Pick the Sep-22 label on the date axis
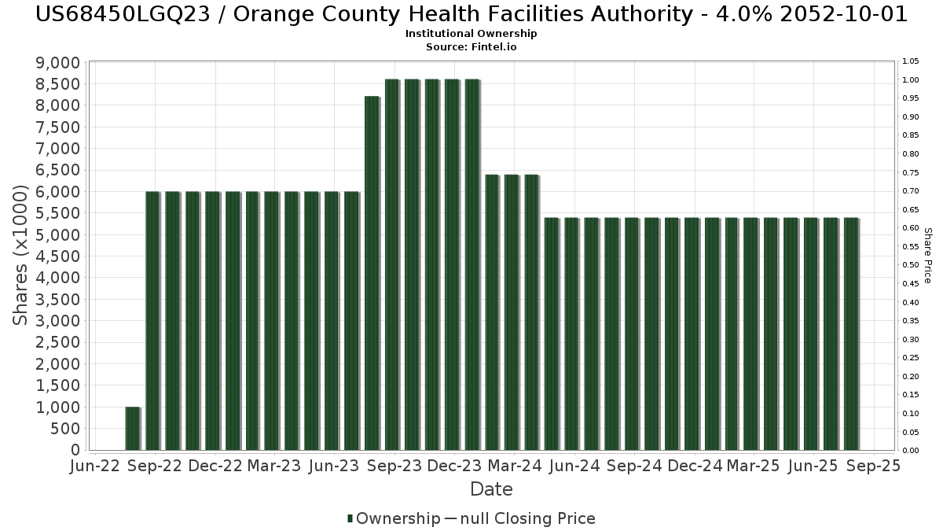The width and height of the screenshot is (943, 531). click(155, 466)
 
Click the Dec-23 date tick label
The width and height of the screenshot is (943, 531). click(453, 466)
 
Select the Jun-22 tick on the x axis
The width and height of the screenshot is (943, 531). click(94, 466)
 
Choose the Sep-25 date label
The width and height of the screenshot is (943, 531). click(873, 466)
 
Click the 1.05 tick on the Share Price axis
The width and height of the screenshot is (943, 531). click(911, 61)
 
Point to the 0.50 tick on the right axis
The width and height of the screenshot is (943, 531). click(911, 265)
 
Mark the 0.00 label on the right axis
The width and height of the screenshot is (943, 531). click(911, 450)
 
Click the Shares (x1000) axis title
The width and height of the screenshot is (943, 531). click(22, 256)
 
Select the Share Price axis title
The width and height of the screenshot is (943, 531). click(928, 256)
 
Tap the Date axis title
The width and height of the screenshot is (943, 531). click(491, 489)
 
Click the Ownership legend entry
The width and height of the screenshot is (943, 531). click(394, 518)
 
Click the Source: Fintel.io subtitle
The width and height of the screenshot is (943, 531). click(472, 47)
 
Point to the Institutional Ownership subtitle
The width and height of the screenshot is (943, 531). click(472, 34)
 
